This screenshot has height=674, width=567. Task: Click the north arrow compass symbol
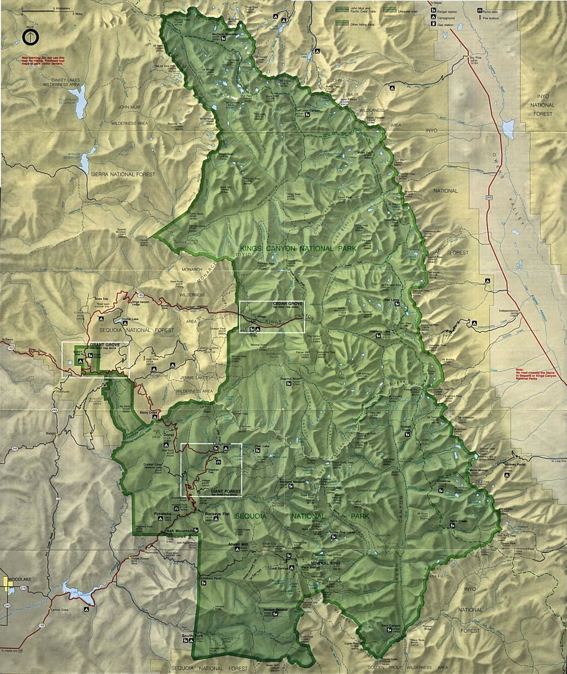point(30,37)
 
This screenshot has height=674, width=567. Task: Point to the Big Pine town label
point(474,57)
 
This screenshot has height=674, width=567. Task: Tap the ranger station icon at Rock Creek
point(452,525)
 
